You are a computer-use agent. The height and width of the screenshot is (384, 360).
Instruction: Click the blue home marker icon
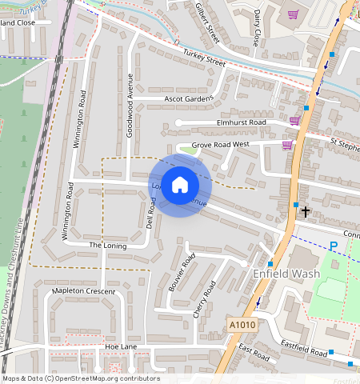pos(180,185)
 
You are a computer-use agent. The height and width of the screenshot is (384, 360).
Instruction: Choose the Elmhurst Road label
pos(241,122)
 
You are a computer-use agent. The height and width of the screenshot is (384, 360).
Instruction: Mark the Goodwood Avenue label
pos(130,105)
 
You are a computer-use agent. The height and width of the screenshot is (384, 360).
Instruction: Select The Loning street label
pos(107,246)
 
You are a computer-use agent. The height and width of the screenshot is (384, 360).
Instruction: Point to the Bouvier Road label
pos(182,271)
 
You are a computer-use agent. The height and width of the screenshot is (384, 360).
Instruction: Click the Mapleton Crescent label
pos(83,292)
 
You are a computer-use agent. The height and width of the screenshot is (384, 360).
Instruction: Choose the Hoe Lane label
pos(121,346)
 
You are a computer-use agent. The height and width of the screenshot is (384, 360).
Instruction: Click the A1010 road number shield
pos(241,325)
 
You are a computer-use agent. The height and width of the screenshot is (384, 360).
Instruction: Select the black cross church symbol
pos(305,212)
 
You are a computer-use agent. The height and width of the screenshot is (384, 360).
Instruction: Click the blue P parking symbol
pos(334,246)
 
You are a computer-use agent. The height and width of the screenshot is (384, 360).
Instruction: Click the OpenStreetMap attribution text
pos(81,378)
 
